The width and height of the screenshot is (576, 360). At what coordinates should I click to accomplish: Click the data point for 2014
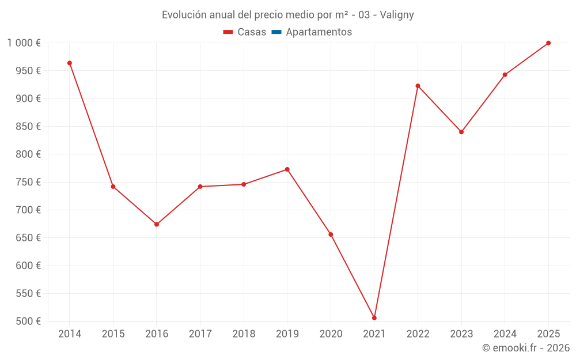[x=70, y=63]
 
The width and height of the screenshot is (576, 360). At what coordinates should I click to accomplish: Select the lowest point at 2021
[x=374, y=318]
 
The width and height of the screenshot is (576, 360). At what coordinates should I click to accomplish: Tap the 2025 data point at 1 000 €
[x=548, y=43]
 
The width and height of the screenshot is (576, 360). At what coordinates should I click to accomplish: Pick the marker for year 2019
[x=287, y=169]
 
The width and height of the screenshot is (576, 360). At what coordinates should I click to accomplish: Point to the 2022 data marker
[x=418, y=86]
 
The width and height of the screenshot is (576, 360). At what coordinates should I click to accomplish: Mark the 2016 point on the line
[x=157, y=225]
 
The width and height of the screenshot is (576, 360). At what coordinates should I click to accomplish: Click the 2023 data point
[x=461, y=132]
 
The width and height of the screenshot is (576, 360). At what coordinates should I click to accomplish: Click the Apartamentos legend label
[x=319, y=32]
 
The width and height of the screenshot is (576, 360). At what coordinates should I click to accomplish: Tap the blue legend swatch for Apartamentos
[x=276, y=32]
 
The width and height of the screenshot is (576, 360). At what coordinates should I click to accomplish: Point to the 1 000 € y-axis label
[x=24, y=43]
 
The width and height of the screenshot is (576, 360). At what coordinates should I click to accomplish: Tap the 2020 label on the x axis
[x=331, y=334]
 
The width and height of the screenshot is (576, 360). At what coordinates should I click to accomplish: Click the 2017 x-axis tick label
[x=200, y=334]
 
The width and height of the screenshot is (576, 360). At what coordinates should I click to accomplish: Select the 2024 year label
[x=505, y=334]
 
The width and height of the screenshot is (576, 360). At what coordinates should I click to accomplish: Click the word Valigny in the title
[x=397, y=15]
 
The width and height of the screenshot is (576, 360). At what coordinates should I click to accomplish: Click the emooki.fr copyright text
[x=526, y=348]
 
